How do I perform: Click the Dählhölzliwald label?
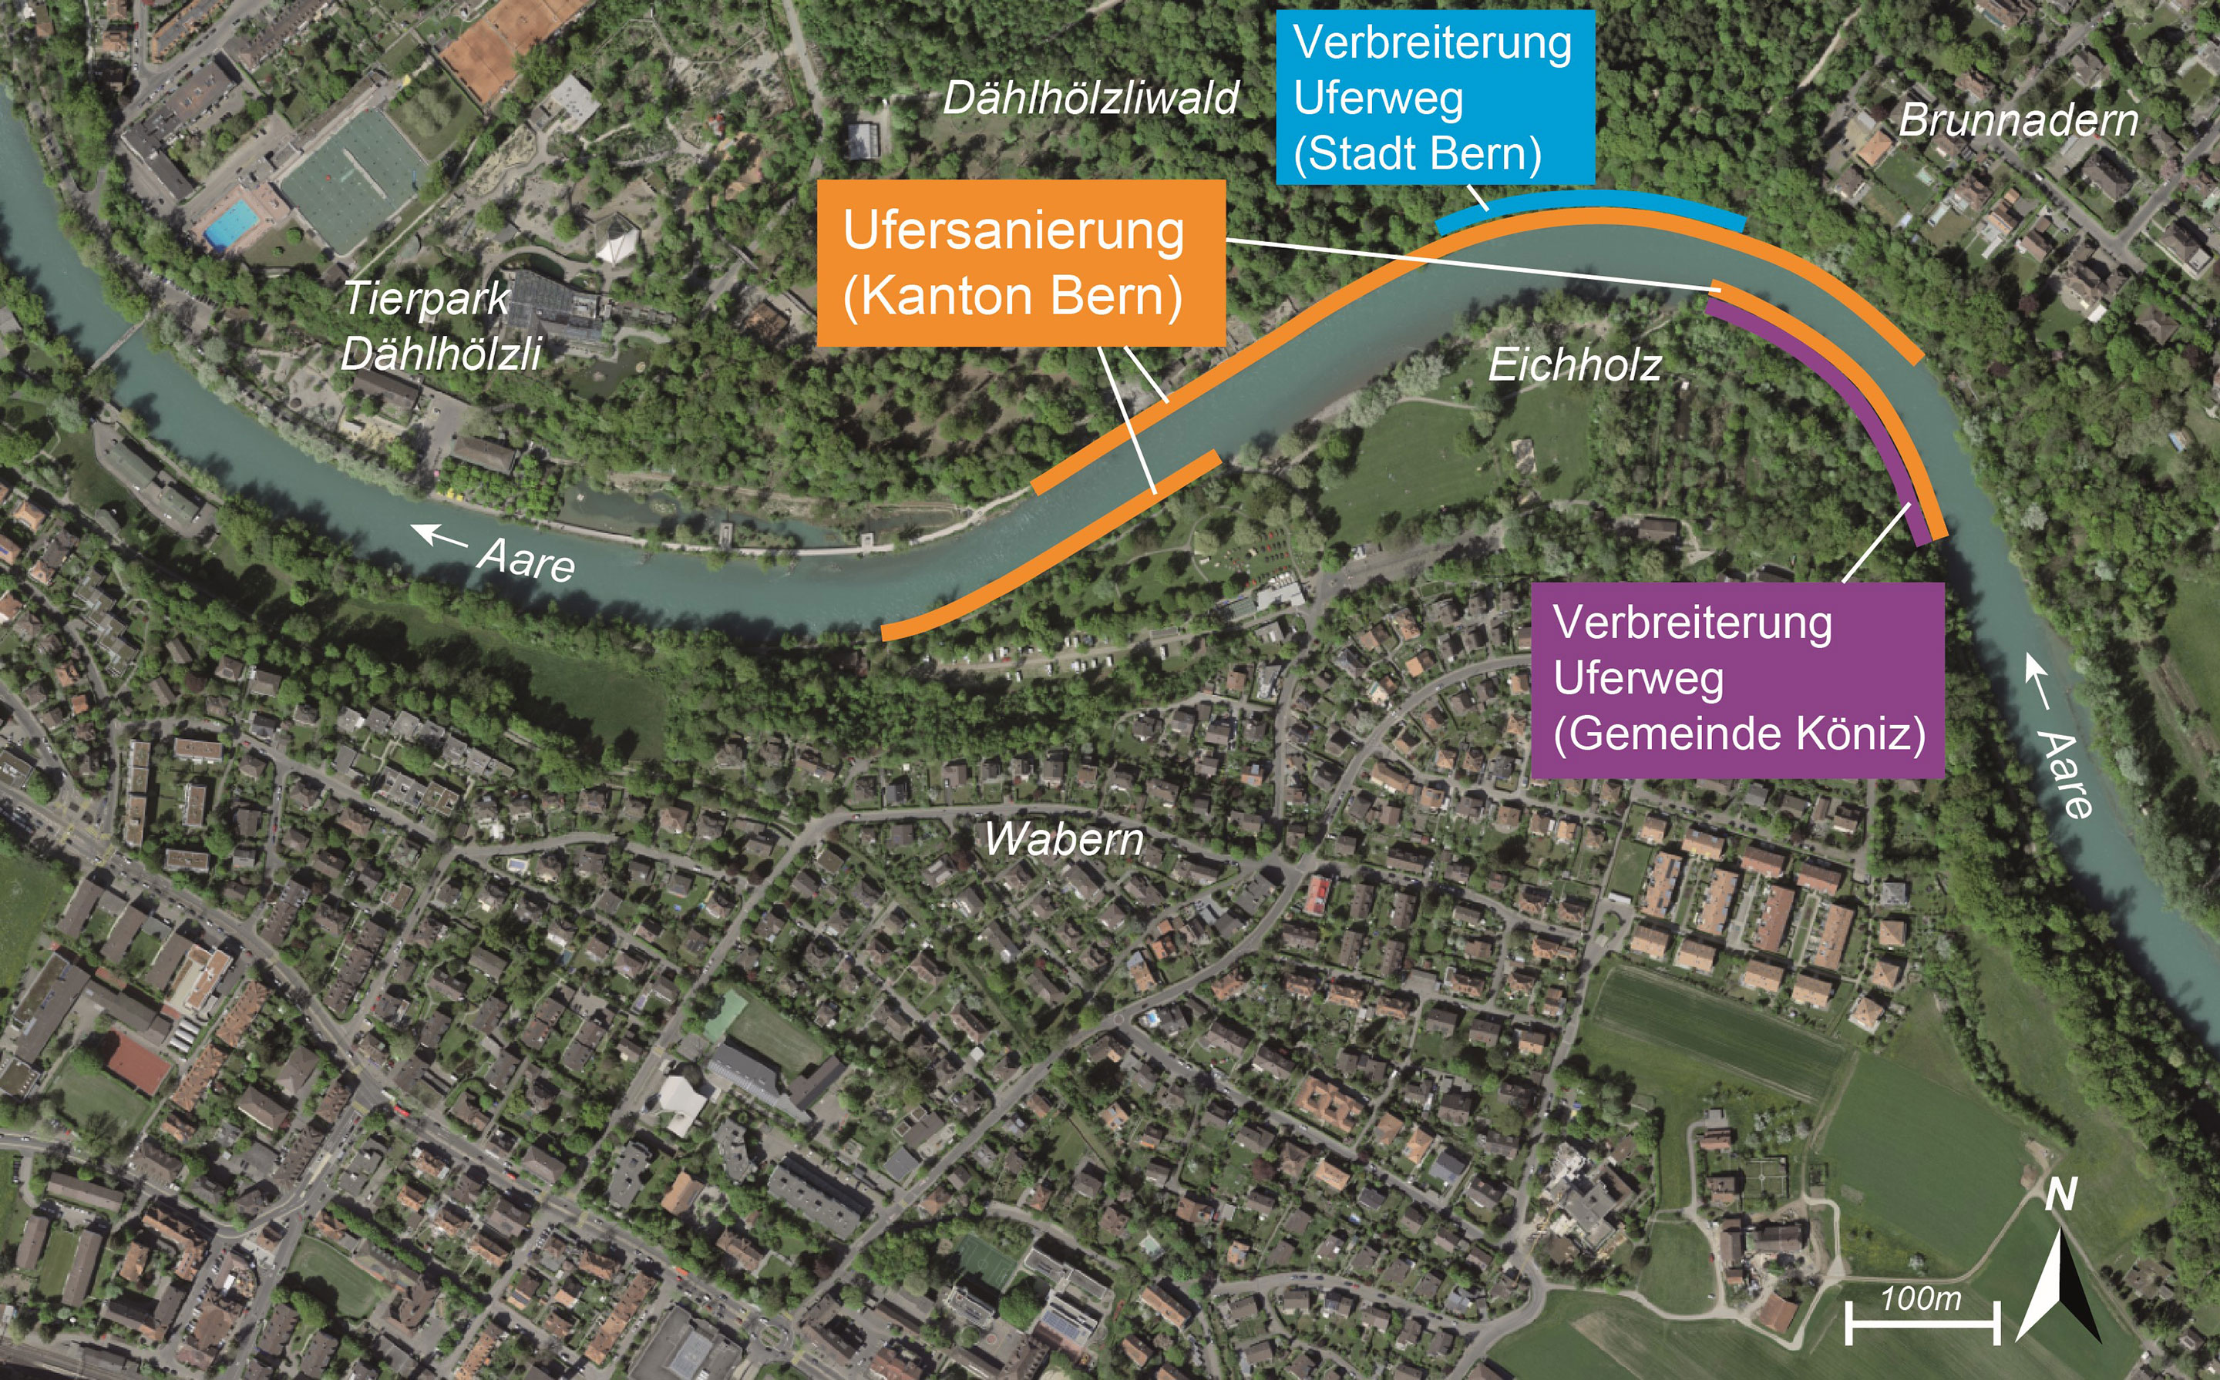(1090, 99)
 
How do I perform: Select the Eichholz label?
(1575, 366)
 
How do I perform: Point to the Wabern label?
(1064, 840)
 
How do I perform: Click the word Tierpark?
(426, 298)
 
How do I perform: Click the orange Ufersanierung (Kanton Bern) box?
(1020, 263)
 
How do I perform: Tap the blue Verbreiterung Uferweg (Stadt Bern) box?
(1434, 97)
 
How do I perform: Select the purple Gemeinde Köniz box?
(1736, 680)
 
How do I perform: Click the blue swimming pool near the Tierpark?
(232, 223)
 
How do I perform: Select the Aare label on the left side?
(526, 559)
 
